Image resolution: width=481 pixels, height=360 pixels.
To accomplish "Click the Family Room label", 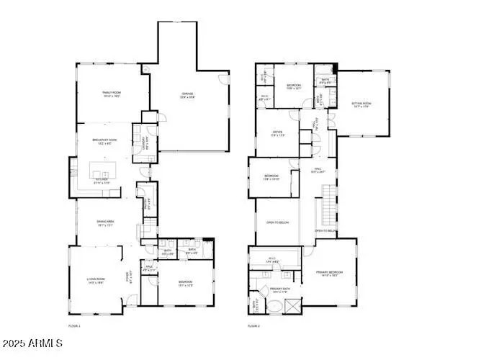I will pos(110,94).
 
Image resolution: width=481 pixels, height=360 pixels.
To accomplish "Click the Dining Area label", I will pos(107,222).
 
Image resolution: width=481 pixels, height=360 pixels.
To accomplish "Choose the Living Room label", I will pos(96,280).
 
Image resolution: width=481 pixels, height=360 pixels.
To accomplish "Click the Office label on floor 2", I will pos(277,132).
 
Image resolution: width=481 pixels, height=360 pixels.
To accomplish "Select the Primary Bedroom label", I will pos(328,274).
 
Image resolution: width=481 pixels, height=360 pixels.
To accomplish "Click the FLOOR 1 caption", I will pos(74,326).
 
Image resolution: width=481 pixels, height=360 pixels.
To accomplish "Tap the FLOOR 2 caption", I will pos(253,326).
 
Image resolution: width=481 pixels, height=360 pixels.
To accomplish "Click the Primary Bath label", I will pos(280,289).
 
